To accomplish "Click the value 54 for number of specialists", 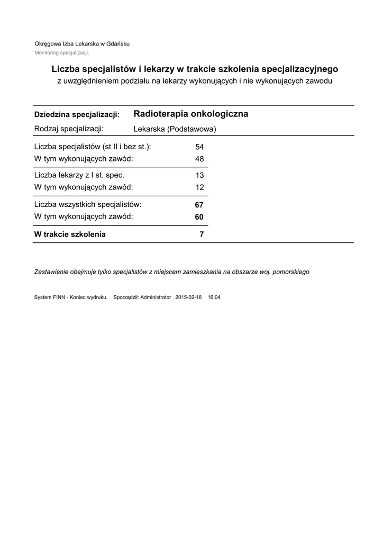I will click(x=199, y=147).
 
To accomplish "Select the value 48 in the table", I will click(x=199, y=159).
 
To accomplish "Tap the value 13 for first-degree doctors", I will click(x=199, y=175).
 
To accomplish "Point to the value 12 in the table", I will click(x=199, y=187).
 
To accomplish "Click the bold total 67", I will click(x=199, y=205).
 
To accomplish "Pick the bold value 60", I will click(x=199, y=217).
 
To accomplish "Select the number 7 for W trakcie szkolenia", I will click(x=202, y=234).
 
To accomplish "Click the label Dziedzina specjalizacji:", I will click(x=77, y=115).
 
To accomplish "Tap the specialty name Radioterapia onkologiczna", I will click(x=191, y=114).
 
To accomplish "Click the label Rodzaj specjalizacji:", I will click(x=69, y=129).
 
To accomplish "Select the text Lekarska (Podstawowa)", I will click(x=175, y=129).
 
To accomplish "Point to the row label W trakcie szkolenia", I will click(x=70, y=234).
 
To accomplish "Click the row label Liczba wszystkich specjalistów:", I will click(x=87, y=204).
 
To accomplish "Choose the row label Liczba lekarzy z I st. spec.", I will click(x=79, y=175).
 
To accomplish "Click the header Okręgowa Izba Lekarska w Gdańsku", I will click(x=82, y=44).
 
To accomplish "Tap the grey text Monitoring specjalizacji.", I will click(x=62, y=53).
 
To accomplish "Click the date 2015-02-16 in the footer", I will click(x=188, y=297).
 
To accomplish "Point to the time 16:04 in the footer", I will click(x=214, y=297).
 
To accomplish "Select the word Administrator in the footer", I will click(x=153, y=297).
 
